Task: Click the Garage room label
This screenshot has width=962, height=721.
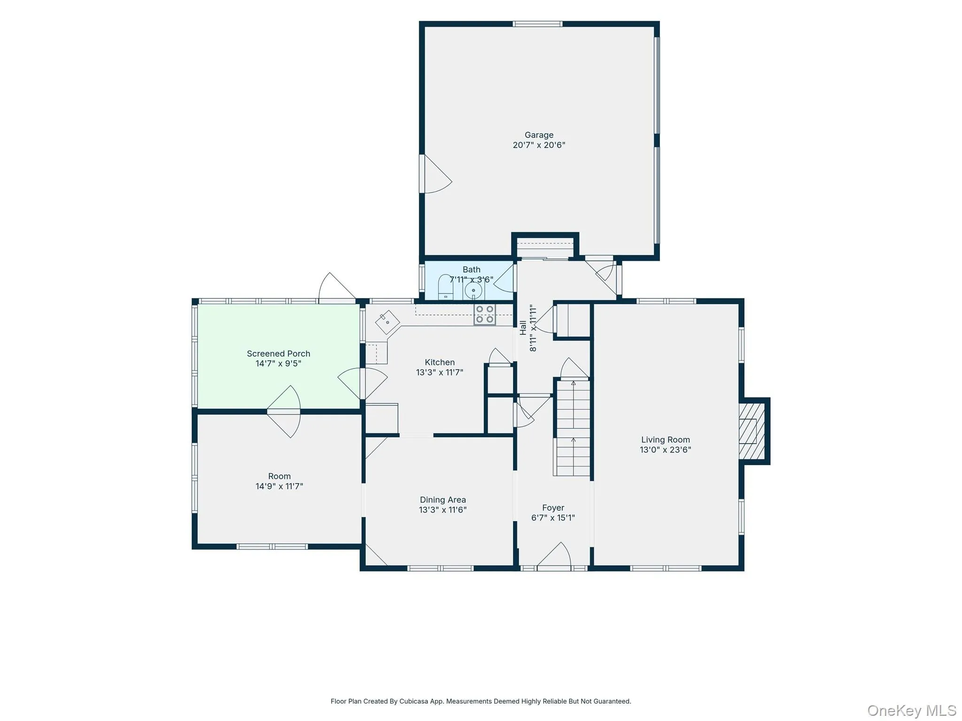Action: click(x=539, y=135)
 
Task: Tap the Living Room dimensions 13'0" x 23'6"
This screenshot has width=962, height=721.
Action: click(x=665, y=450)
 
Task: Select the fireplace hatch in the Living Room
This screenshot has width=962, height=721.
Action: click(x=752, y=431)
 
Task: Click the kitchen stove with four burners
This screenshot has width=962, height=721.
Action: click(x=485, y=314)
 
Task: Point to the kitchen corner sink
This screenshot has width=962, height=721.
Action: click(x=388, y=322)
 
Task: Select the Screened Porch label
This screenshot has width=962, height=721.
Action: click(x=279, y=353)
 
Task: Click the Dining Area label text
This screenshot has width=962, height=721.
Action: click(x=442, y=500)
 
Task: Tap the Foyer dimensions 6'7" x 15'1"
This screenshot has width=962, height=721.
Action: click(x=553, y=518)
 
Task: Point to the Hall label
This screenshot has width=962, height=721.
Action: click(x=523, y=328)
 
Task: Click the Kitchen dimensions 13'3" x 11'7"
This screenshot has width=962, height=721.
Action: click(x=440, y=373)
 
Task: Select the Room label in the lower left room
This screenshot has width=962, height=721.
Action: click(x=279, y=476)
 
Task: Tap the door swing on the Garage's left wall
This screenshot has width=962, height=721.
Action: click(x=436, y=174)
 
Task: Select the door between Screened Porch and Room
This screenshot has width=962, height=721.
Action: click(x=284, y=412)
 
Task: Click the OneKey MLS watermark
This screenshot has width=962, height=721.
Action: click(x=912, y=710)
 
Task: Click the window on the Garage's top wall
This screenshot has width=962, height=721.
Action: click(x=537, y=24)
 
